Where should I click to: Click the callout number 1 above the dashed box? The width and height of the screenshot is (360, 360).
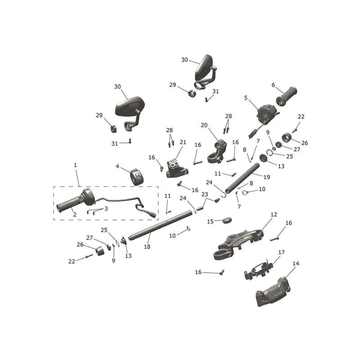tap(75, 165)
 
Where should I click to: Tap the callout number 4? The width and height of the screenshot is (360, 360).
tap(117, 166)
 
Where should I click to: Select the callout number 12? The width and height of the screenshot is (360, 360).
tap(274, 215)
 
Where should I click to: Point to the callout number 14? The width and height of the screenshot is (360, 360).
tap(296, 264)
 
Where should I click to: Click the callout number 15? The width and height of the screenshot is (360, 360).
tap(210, 221)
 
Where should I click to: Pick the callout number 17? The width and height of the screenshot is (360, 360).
tap(282, 252)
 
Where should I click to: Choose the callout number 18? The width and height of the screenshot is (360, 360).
tap(147, 247)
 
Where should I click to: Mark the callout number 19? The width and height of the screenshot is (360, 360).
tap(267, 177)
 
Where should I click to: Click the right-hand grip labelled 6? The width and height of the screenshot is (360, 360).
tap(286, 96)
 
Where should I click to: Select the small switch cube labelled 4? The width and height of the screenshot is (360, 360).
tap(137, 177)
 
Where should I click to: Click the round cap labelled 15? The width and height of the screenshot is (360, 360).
tap(227, 220)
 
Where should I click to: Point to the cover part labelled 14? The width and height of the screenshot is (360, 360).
tap(272, 292)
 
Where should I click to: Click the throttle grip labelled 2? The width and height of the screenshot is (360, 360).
tap(69, 204)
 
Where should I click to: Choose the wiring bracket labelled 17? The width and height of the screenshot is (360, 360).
tap(258, 269)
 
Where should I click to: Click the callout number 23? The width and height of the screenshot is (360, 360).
tap(205, 194)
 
